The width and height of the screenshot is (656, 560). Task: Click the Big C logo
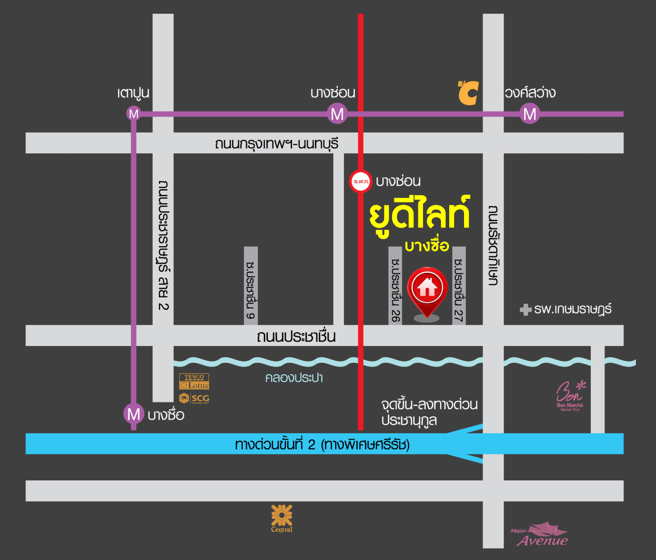coord(468,93)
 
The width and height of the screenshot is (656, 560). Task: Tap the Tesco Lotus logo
coord(194,382)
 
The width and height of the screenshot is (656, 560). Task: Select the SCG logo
coord(194,398)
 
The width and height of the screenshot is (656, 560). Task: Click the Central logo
coord(282,518)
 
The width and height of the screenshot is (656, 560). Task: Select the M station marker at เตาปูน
coord(134,114)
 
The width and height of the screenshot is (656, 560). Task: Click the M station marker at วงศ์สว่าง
coord(529,114)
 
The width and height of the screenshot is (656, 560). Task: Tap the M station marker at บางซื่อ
coord(134,414)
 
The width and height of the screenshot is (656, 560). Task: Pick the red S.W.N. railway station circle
coord(360,181)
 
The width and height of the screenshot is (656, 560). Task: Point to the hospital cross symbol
coord(525,310)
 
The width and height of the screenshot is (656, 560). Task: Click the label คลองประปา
coord(294,378)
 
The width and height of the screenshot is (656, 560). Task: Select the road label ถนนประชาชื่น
coord(296,336)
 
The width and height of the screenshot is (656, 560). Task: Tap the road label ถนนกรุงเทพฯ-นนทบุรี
coord(276,144)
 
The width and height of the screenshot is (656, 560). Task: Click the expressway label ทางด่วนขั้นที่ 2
coord(322,444)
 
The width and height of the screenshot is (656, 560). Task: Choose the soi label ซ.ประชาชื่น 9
coord(251,290)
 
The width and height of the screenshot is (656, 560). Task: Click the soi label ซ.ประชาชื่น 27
coord(459,290)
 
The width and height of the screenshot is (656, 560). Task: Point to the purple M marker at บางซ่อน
coord(337,114)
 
